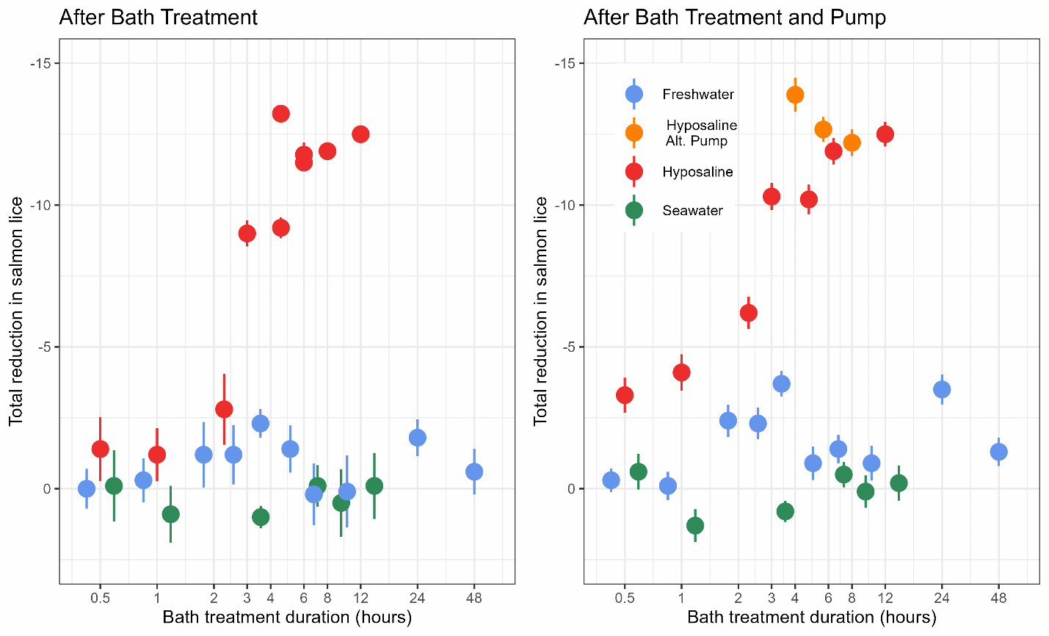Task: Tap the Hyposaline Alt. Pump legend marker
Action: coord(634,132)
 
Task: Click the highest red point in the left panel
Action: coord(280,113)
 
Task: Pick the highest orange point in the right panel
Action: coord(795,95)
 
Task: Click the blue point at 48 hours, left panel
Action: coord(474,471)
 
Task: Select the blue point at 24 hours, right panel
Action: coord(942,389)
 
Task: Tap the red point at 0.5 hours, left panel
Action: coord(101,449)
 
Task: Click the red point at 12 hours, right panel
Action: coord(885,134)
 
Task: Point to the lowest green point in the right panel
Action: coord(695,525)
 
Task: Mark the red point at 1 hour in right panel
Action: coord(681,372)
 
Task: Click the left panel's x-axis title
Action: coord(287,617)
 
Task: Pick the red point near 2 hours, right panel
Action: coord(748,313)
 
